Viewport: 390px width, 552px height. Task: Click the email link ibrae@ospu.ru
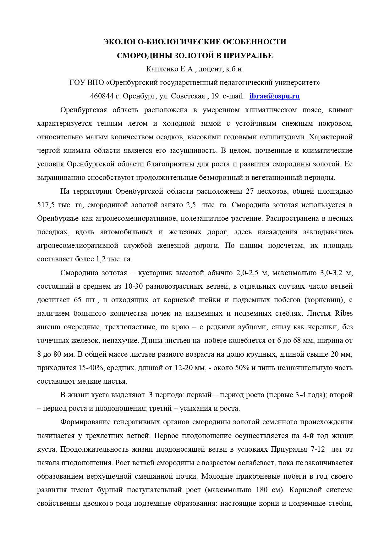(x=274, y=96)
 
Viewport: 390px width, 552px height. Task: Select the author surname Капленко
(x=158, y=69)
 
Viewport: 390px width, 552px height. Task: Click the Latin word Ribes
(x=344, y=314)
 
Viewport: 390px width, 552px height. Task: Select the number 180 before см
(x=263, y=490)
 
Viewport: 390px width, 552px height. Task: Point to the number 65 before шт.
(x=78, y=300)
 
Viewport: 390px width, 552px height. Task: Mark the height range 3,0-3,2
(x=331, y=273)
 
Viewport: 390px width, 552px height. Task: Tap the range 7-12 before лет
(x=318, y=449)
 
